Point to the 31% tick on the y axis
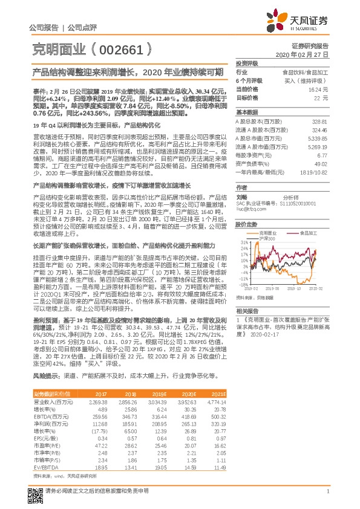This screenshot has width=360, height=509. tap(244, 242)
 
